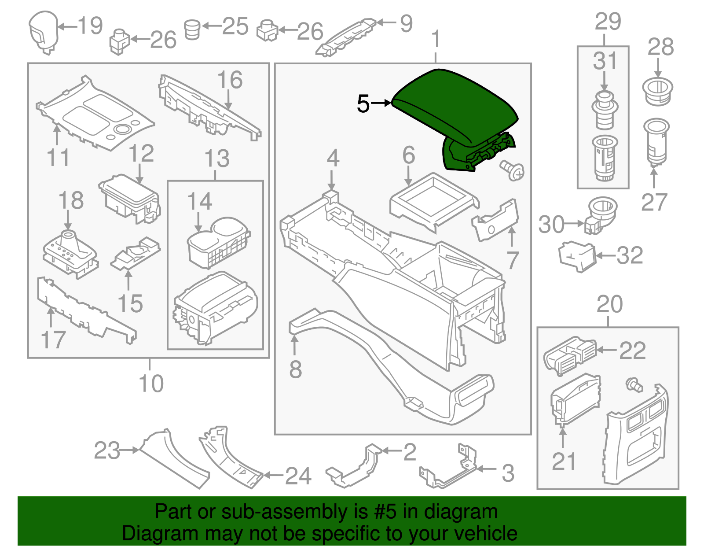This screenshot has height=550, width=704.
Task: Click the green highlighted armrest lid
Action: tap(455, 106)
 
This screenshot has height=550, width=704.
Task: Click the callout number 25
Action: tap(235, 26)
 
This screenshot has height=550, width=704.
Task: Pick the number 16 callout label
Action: tap(230, 80)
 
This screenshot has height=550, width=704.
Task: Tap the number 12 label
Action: tap(141, 154)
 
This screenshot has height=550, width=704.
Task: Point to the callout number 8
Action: tap(295, 369)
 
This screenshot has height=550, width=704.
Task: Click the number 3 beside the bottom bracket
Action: tap(508, 473)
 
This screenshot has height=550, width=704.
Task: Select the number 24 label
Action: tap(298, 476)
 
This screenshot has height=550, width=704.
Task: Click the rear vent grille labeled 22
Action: tap(570, 354)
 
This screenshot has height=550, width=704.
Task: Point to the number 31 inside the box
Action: tap(605, 61)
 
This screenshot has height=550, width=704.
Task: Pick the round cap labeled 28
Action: tap(658, 91)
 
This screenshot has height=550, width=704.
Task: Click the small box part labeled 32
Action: tap(577, 255)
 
